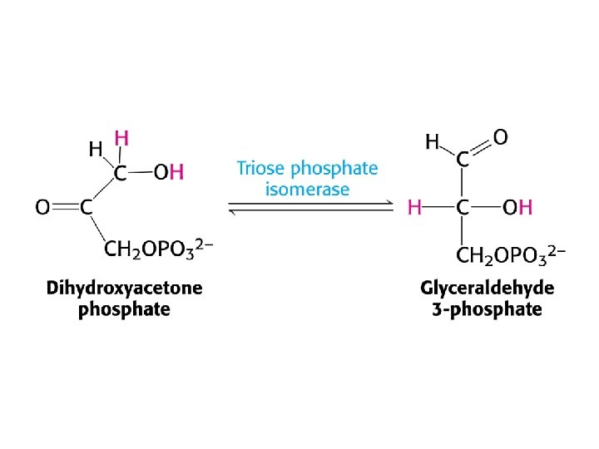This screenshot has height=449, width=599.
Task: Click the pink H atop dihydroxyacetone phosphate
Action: [x=121, y=137]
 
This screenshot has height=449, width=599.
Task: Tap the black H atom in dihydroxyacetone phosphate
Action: [x=96, y=150]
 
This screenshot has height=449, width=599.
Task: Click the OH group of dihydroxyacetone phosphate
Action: [x=170, y=174]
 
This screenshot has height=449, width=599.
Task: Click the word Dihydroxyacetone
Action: [x=124, y=289]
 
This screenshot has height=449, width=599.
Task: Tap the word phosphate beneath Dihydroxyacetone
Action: [x=124, y=310]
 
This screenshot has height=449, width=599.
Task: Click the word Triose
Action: [x=260, y=169]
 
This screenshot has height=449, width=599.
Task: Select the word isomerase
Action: [x=307, y=190]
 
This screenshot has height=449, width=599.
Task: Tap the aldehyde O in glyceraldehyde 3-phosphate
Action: [x=501, y=136]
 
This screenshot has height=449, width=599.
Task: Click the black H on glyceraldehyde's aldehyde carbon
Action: [x=433, y=143]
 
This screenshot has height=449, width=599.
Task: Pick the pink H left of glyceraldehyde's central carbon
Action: [x=414, y=207]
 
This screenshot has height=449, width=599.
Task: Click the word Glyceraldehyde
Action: [x=487, y=289]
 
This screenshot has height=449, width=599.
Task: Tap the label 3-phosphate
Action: [x=487, y=310]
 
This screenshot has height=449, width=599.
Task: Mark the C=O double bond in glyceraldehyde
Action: [x=481, y=148]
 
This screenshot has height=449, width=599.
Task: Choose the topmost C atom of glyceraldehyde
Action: [x=462, y=160]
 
